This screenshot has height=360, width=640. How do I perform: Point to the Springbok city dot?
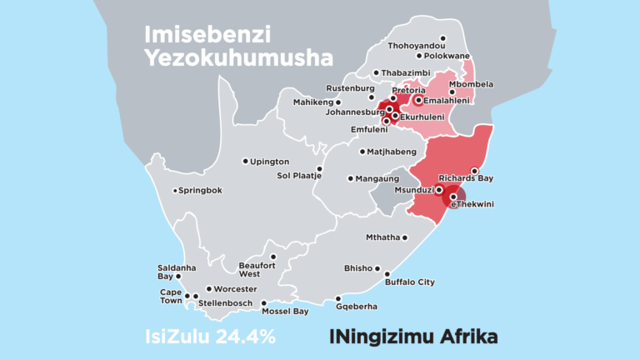point(175,191)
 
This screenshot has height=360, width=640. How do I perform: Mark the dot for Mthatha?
point(405,237)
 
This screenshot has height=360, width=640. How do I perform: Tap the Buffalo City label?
point(410,282)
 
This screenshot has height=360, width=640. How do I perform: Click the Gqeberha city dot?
point(338,299)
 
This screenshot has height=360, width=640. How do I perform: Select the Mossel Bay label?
point(285,311)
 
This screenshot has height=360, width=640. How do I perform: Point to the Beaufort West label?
point(255,268)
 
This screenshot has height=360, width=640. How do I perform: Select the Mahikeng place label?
point(312,102)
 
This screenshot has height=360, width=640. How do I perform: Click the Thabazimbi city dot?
point(376,73)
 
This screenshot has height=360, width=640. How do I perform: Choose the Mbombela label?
point(471,84)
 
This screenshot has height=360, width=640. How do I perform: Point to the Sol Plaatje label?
point(297,175)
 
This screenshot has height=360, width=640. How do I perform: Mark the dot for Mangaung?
point(350,178)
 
